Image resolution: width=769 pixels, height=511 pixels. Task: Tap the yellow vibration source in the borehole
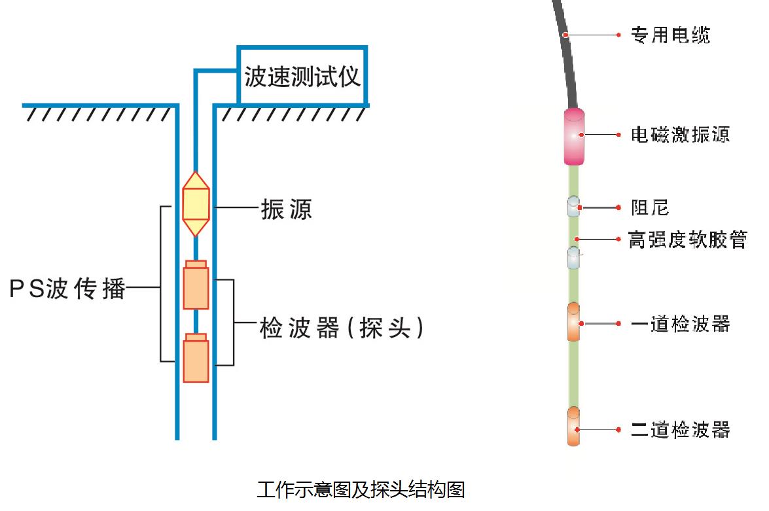coord(196,204)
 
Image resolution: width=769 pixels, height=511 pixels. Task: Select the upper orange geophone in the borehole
coord(196,285)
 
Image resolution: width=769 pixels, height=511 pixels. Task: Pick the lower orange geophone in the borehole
coord(196,358)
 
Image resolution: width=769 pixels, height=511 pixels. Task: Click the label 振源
coord(287,209)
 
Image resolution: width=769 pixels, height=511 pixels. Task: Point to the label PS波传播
coord(67,289)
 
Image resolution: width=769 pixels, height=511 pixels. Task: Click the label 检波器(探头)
coord(342,328)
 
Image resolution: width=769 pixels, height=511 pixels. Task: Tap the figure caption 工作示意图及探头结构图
coord(361,489)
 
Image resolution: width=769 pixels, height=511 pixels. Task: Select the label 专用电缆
coord(670,35)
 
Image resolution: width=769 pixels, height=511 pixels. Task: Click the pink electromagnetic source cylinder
coord(574,136)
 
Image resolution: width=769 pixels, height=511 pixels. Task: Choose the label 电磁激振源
coord(680,134)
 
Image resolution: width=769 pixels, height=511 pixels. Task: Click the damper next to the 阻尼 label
coord(573,207)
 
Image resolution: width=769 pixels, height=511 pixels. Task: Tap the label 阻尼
coord(650,207)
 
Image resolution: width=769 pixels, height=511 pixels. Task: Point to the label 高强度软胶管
coord(688,239)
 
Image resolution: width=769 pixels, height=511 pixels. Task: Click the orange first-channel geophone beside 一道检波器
coord(573,322)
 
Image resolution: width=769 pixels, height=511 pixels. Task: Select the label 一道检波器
coord(681,324)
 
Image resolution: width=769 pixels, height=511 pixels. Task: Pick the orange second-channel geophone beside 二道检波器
coord(573,426)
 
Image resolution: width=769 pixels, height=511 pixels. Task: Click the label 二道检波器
coord(681,430)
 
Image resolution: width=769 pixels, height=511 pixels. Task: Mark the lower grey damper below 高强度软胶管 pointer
coord(573,258)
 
